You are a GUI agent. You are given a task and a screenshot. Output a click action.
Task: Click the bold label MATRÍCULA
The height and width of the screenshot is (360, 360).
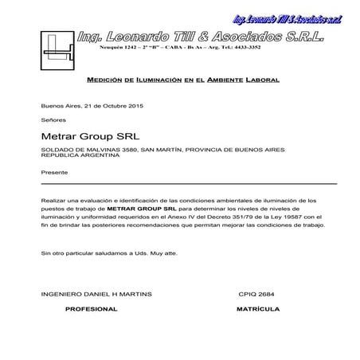point(256,307)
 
